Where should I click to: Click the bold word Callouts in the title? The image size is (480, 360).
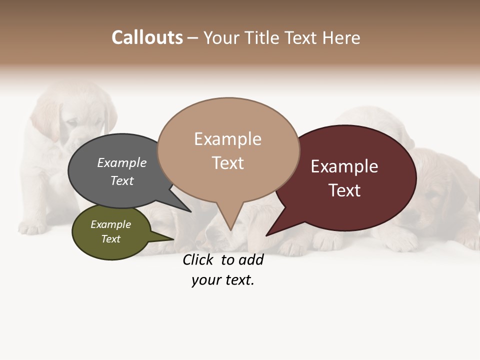coord(147,37)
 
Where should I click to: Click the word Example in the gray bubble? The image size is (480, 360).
coord(121,163)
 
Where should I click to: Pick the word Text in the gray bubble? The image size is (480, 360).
coord(121,180)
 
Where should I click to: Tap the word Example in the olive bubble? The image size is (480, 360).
coord(110,224)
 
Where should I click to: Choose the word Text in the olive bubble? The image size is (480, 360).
coord(110,239)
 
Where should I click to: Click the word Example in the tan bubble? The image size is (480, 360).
coord(227,139)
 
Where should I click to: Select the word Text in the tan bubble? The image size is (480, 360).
coord(227,163)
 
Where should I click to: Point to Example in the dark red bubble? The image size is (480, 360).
coord(344,166)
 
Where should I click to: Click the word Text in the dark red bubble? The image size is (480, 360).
coord(344,190)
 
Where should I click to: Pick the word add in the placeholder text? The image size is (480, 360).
coord(251,260)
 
